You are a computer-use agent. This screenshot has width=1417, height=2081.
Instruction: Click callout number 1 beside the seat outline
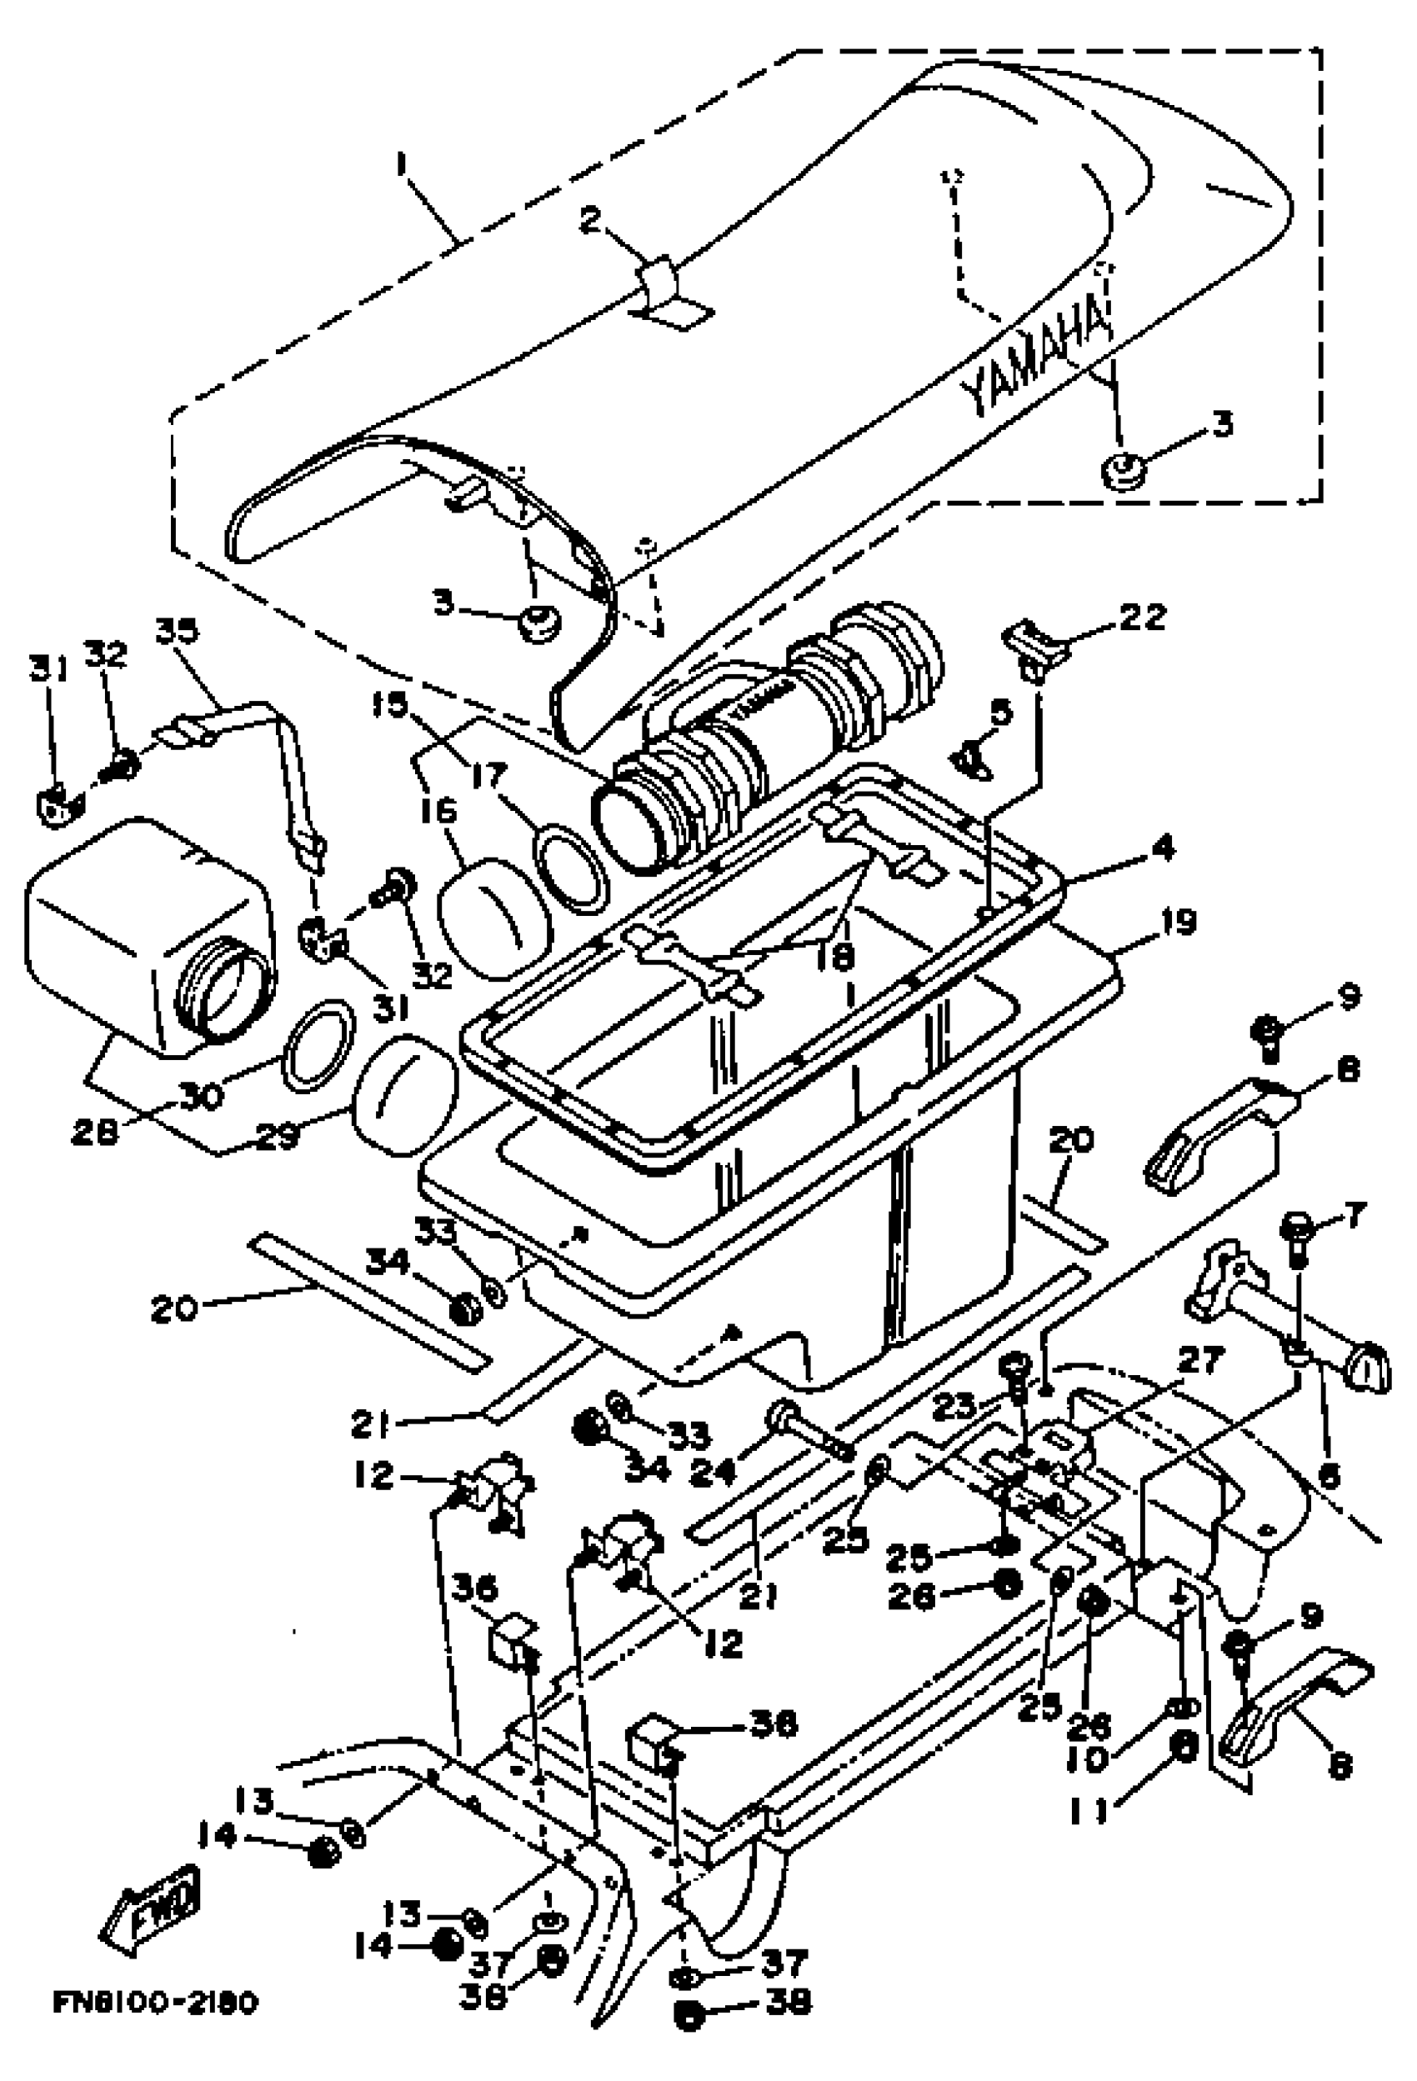[401, 165]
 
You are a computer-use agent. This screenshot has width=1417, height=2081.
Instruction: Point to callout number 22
[1141, 617]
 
